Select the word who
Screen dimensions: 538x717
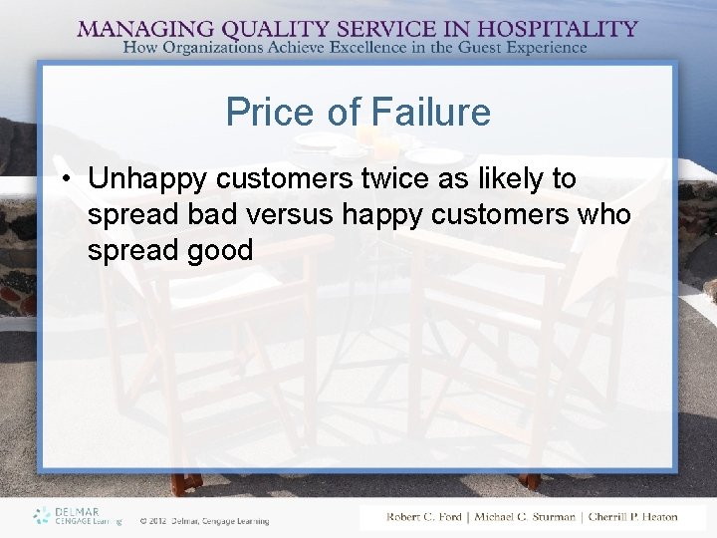pos(600,214)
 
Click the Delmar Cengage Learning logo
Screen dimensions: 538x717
pos(77,515)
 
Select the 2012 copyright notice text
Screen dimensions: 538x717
pos(204,520)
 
